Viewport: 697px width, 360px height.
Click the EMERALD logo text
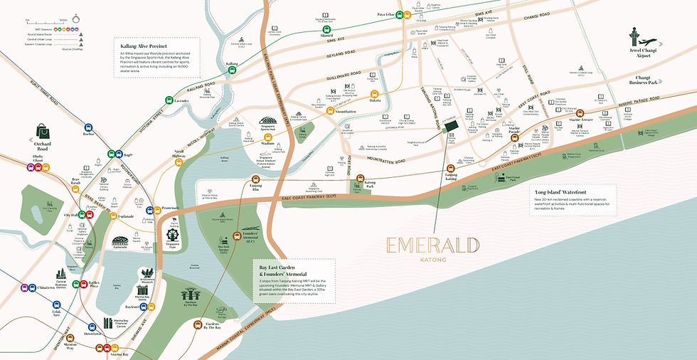[432, 246]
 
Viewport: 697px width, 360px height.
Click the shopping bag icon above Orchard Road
[40, 130]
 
